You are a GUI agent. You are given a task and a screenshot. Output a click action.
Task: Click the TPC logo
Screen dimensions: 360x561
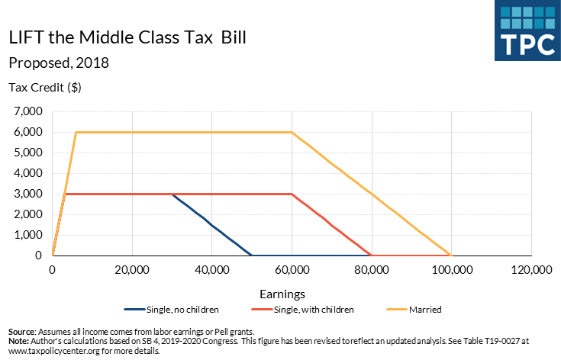[x=526, y=31]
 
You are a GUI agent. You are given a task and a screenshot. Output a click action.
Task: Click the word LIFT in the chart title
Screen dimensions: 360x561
[x=25, y=37]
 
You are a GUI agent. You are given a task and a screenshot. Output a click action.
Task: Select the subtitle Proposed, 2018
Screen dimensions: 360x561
[x=58, y=63]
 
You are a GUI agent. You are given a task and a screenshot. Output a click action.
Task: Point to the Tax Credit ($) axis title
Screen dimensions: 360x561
[x=44, y=87]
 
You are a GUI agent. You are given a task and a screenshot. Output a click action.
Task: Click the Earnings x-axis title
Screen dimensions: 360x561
[x=282, y=294]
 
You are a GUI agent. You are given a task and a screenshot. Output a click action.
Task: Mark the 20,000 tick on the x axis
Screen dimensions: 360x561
[x=132, y=270]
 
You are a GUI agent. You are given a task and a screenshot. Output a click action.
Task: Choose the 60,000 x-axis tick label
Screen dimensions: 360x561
[x=292, y=270]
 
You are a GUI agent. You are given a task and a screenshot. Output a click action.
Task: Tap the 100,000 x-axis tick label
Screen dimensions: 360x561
[x=451, y=270]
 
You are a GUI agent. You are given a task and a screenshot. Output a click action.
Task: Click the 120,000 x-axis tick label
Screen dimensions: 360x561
[x=531, y=270]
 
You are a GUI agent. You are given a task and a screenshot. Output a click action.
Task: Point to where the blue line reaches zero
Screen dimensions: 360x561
[x=252, y=256]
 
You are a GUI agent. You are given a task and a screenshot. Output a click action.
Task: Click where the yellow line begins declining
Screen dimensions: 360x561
[x=292, y=132]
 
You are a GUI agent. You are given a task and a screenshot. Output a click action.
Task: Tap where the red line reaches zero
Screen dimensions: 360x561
[x=371, y=256]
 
